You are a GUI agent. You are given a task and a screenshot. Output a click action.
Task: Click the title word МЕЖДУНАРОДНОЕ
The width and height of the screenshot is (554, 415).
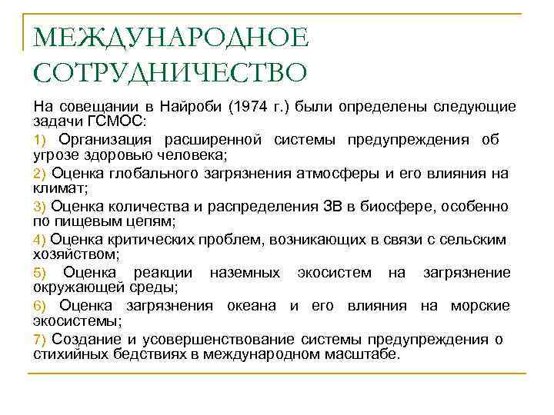pos(171,37)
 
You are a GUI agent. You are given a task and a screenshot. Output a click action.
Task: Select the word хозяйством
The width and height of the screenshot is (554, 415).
pos(75,254)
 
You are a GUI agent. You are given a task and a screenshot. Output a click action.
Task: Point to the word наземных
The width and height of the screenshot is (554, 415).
pos(239,273)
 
